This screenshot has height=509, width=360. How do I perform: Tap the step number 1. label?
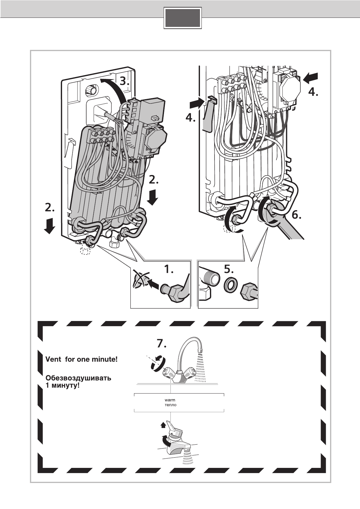coord(169,269)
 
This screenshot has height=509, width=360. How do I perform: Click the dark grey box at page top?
coord(182,18)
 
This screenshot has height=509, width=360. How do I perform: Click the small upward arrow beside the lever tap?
coord(163,425)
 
